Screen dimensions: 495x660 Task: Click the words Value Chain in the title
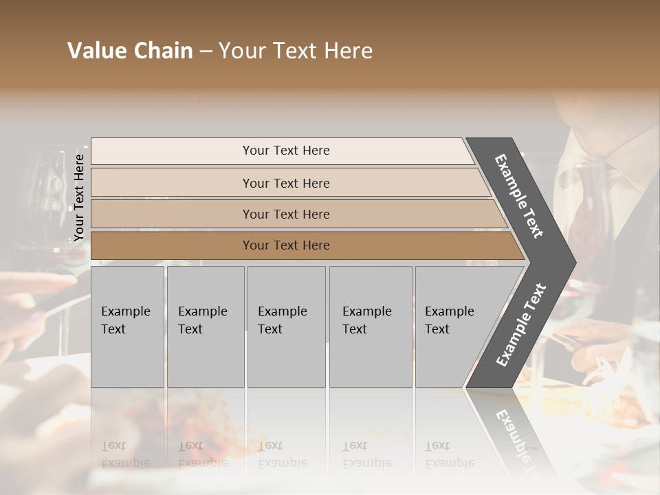pyautogui.click(x=130, y=51)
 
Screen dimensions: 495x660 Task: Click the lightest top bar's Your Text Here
pyautogui.click(x=286, y=151)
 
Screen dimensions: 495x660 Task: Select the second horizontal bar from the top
pyautogui.click(x=286, y=183)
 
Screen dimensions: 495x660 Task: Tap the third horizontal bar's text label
pyautogui.click(x=286, y=214)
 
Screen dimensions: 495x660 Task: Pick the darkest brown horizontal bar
pyautogui.click(x=286, y=245)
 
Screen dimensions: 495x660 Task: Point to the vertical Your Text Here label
pyautogui.click(x=79, y=197)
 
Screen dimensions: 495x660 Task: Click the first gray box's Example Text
pyautogui.click(x=125, y=320)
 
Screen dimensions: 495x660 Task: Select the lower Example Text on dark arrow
pyautogui.click(x=521, y=324)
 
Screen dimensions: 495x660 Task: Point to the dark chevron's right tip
pyautogui.click(x=574, y=262)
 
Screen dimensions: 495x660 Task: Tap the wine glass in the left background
pyautogui.click(x=41, y=199)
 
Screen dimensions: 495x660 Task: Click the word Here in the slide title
pyautogui.click(x=348, y=51)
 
